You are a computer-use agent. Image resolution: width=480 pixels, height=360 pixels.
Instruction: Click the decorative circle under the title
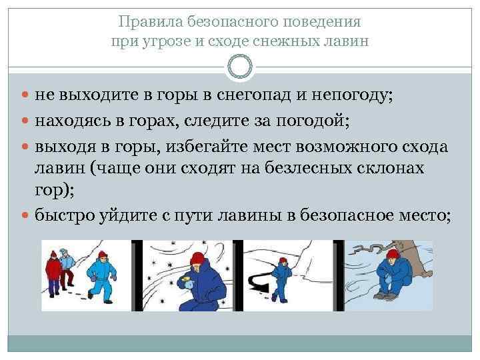coord(239,67)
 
